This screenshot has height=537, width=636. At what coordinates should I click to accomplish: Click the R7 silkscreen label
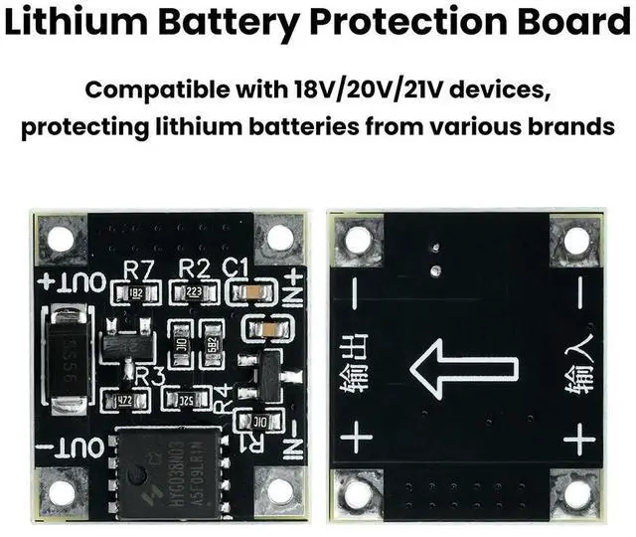pyautogui.click(x=137, y=268)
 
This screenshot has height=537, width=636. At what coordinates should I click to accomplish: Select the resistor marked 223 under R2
pyautogui.click(x=193, y=293)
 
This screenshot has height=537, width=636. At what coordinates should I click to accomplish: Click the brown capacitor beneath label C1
pyautogui.click(x=249, y=293)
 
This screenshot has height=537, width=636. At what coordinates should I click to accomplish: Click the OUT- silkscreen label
pyautogui.click(x=73, y=447)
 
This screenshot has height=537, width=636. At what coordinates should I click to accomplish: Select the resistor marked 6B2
pyautogui.click(x=212, y=343)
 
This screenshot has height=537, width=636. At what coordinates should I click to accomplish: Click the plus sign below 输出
pyautogui.click(x=355, y=439)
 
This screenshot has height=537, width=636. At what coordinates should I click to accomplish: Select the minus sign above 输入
pyautogui.click(x=579, y=290)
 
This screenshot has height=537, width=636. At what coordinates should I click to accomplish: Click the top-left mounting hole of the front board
pyautogui.click(x=62, y=240)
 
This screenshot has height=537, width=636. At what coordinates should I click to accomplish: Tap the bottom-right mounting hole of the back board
pyautogui.click(x=576, y=491)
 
